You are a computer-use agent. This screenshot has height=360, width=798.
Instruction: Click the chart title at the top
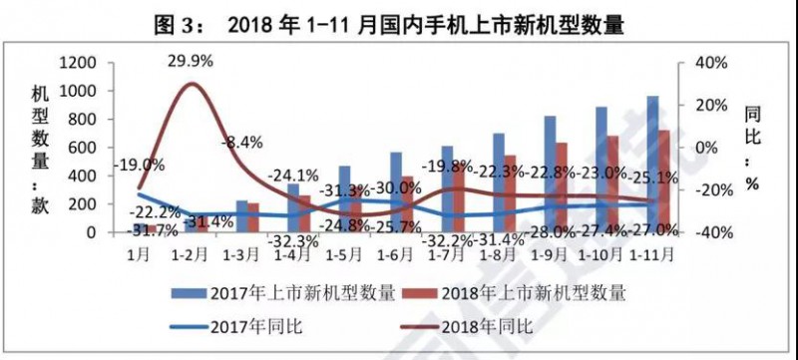[399, 22]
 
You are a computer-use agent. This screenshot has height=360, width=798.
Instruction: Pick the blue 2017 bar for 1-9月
[550, 175]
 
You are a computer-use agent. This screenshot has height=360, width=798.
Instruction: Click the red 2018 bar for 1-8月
[510, 194]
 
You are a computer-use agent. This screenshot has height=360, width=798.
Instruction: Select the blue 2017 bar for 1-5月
[344, 199]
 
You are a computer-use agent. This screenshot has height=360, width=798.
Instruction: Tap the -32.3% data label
[293, 240]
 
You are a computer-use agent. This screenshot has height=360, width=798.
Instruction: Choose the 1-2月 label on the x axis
[190, 252]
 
